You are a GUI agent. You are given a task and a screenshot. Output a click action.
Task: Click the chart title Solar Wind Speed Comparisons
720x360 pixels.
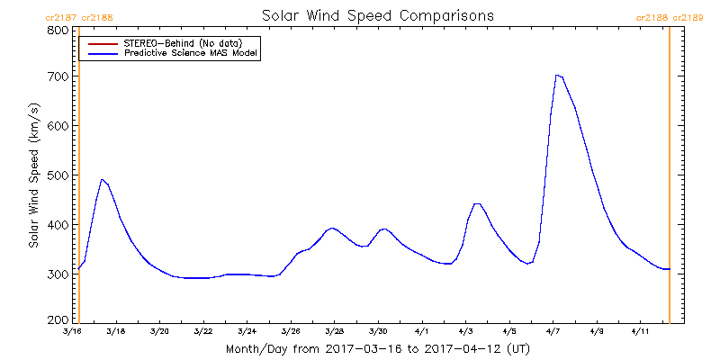378,16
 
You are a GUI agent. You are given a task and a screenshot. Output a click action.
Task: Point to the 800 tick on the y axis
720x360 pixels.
58,30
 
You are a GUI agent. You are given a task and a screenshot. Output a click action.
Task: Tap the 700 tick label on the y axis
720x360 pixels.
58,77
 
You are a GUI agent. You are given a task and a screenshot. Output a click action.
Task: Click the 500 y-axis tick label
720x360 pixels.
58,175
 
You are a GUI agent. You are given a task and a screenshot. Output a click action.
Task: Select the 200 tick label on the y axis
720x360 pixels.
58,320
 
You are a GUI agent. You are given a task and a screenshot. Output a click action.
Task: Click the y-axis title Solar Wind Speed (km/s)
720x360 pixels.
33,175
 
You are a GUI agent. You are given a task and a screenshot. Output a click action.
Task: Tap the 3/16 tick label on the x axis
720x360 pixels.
72,331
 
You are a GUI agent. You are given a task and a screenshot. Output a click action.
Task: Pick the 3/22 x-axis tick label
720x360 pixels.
203,331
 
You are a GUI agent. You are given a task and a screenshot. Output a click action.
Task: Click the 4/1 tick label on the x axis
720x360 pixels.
422,331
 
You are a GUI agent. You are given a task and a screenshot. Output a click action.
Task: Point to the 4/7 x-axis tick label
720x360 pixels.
553,331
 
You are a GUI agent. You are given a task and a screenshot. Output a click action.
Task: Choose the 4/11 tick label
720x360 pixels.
641,331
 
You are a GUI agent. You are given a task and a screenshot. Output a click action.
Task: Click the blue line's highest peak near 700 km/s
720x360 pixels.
557,76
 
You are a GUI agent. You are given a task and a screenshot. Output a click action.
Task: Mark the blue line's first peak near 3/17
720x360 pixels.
102,179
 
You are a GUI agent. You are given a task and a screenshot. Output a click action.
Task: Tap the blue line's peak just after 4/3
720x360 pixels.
477,204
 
